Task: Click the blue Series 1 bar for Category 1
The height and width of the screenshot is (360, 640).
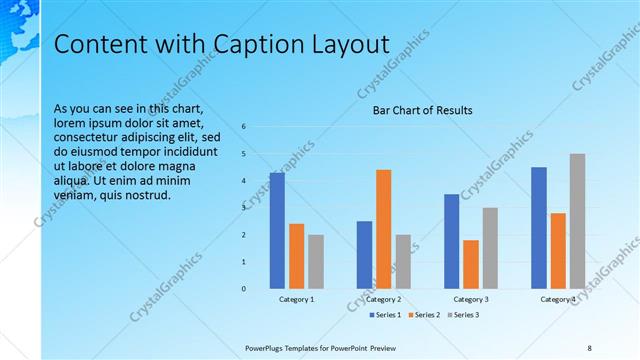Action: coord(277,231)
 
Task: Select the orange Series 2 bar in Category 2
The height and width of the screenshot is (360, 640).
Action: coord(384,229)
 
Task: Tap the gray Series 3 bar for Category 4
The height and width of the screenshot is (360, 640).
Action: coord(578,221)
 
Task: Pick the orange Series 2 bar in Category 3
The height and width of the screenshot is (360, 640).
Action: coord(471,264)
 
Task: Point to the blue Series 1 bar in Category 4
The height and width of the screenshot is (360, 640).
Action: coord(539,228)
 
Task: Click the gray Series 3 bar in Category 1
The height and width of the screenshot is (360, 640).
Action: coord(316,262)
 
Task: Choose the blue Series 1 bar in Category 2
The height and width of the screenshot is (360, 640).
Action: coord(364,255)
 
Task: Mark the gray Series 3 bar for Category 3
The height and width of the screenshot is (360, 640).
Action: coord(490,248)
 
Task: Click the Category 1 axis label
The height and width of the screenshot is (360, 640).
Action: coord(296,299)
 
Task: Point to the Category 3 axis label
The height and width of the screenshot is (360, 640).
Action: coord(471,299)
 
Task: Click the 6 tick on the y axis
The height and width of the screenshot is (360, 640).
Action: coord(244,126)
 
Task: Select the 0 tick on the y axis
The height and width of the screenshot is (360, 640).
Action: coord(244,289)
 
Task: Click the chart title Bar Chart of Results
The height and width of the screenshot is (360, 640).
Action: coord(423,110)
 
